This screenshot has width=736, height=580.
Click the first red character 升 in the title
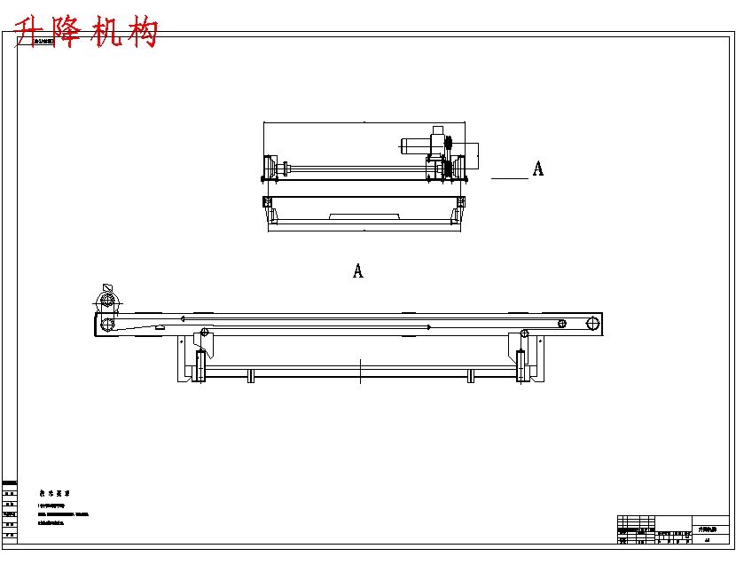tap(33, 33)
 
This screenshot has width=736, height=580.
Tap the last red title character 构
tap(144, 33)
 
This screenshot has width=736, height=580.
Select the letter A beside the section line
tap(537, 169)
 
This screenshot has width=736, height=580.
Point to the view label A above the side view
tap(358, 271)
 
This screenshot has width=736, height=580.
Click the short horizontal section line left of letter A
tap(509, 178)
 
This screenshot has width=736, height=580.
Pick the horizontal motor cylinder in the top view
tap(416, 145)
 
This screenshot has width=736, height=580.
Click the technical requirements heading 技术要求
tap(54, 493)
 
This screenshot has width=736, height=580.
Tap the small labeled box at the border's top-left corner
tap(42, 40)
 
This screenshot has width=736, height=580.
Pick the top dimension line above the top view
tap(364, 122)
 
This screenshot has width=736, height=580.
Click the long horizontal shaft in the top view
tap(355, 168)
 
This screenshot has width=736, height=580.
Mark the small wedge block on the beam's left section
tap(160, 327)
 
